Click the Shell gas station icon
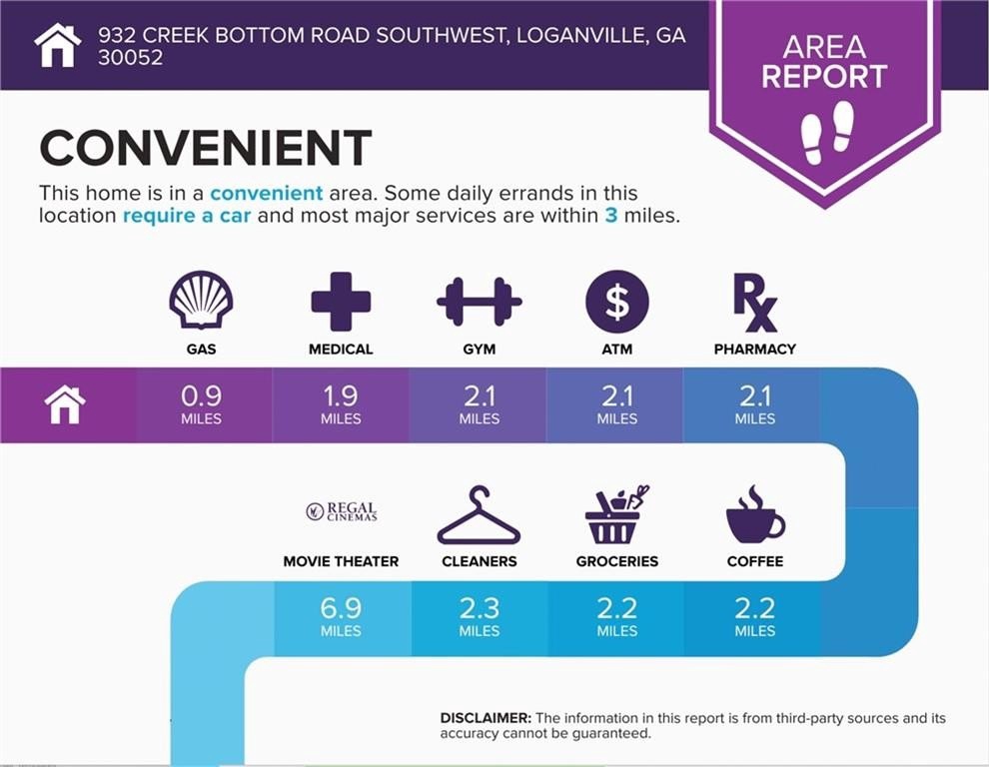201,301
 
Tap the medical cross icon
341,302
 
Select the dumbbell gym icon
480,302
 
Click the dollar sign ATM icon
616,302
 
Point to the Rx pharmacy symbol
755,303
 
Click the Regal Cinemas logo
342,511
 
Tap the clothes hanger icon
479,515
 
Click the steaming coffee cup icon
755,514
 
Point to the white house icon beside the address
57,45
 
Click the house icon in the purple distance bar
65,404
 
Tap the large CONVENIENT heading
206,147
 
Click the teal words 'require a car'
187,216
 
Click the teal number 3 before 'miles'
610,216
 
